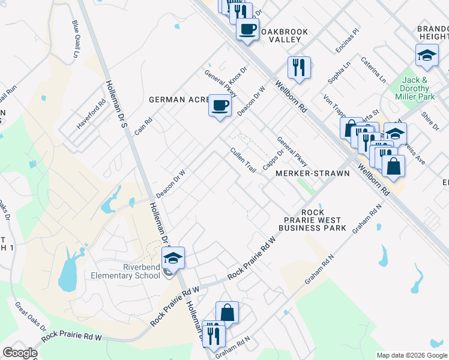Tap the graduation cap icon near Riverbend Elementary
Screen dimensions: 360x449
click(173, 257)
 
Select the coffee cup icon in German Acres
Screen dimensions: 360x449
click(220, 106)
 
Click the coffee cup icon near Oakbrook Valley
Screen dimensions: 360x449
click(247, 29)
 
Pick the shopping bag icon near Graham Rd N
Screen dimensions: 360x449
click(228, 313)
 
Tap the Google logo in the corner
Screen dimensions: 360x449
click(19, 353)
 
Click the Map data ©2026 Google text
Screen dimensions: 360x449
click(411, 355)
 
